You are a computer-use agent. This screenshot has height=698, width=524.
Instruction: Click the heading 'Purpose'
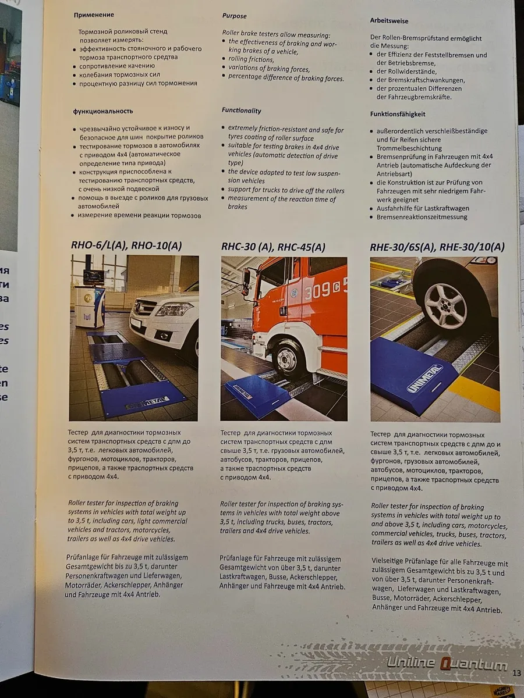click(x=234, y=16)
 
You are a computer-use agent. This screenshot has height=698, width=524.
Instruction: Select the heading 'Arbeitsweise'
click(x=388, y=20)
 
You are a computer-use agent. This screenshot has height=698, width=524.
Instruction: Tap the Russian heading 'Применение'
click(x=93, y=14)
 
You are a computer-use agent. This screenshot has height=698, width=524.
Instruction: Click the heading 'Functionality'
click(x=241, y=111)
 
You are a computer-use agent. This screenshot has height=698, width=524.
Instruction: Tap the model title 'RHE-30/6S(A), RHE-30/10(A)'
click(x=437, y=247)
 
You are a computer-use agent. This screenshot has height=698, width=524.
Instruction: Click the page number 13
click(x=516, y=673)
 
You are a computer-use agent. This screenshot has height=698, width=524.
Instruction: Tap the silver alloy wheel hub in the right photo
click(x=445, y=304)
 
